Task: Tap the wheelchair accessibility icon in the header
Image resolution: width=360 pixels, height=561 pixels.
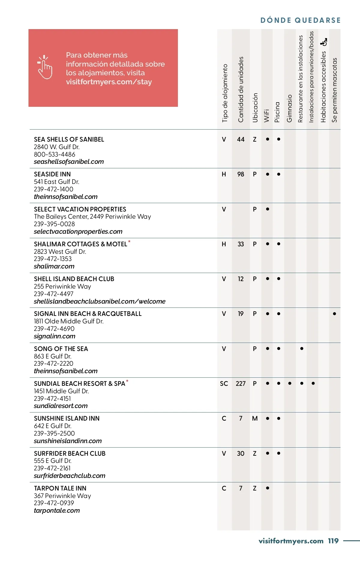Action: pyautogui.click(x=323, y=42)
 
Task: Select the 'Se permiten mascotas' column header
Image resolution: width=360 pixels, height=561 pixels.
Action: pyautogui.click(x=334, y=90)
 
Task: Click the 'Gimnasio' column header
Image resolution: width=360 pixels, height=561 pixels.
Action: pyautogui.click(x=289, y=108)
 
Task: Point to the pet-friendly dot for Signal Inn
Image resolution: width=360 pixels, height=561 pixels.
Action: pyautogui.click(x=334, y=314)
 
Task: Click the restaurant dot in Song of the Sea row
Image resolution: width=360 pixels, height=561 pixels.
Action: pyautogui.click(x=301, y=349)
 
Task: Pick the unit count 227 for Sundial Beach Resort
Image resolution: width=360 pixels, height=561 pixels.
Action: pyautogui.click(x=241, y=384)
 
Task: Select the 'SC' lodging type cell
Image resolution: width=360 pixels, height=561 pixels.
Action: pyautogui.click(x=224, y=384)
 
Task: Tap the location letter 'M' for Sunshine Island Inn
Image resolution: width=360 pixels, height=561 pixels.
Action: pyautogui.click(x=255, y=418)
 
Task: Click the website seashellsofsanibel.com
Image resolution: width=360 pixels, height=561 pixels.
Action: pyautogui.click(x=69, y=162)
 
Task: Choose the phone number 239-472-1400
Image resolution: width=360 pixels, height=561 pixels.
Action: pyautogui.click(x=53, y=189)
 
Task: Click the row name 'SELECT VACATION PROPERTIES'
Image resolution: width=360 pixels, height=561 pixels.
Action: pyautogui.click(x=80, y=209)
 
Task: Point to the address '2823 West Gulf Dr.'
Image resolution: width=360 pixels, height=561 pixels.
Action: pyautogui.click(x=60, y=252)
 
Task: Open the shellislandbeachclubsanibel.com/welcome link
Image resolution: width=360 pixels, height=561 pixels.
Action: pyautogui.click(x=100, y=301)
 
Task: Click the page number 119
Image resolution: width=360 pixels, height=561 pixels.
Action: pyautogui.click(x=333, y=541)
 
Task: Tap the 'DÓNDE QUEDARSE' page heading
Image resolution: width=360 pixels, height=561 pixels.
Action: pyautogui.click(x=300, y=20)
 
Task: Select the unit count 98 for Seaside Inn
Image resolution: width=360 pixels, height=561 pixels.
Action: pyautogui.click(x=241, y=174)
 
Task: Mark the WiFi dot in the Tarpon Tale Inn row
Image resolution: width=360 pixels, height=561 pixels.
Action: pyautogui.click(x=267, y=488)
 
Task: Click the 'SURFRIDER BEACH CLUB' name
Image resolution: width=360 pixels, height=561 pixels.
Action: pyautogui.click(x=70, y=453)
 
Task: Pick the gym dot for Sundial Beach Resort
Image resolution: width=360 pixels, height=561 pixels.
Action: pyautogui.click(x=289, y=383)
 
